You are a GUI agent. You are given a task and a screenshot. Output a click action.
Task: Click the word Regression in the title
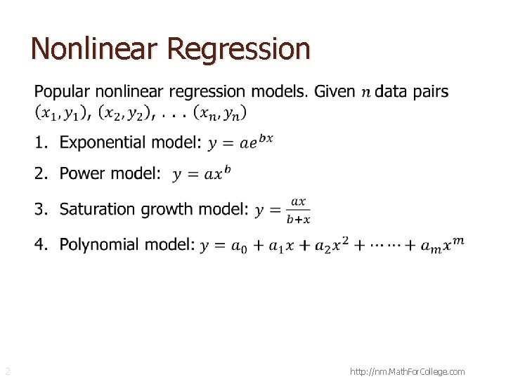(239, 48)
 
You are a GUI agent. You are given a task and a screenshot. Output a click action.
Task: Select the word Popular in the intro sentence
(63, 92)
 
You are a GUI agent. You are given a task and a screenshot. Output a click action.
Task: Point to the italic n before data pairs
(366, 93)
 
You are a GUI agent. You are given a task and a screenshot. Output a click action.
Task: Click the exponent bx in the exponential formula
(266, 138)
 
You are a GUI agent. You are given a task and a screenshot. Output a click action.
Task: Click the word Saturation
(98, 209)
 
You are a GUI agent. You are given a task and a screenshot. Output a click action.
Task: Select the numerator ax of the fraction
(299, 201)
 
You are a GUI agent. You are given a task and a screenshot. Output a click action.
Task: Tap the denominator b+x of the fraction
(299, 219)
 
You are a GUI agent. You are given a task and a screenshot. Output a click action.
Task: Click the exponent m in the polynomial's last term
(458, 241)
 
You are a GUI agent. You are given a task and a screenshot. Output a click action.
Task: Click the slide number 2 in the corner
(7, 371)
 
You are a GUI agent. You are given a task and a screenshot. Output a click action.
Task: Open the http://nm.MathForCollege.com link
(407, 371)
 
